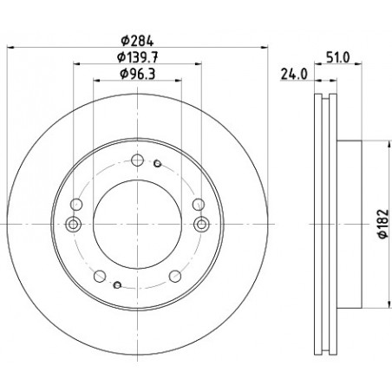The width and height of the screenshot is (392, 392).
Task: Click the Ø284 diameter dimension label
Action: coord(137,41)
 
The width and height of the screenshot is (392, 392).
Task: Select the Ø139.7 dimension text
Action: coord(137,57)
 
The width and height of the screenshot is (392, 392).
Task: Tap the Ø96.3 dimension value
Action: coord(137,74)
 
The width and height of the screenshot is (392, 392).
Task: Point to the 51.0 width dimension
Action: coord(338,57)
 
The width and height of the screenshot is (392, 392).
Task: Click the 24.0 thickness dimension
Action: coord(294,75)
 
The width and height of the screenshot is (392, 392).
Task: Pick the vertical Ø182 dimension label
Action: coord(383,224)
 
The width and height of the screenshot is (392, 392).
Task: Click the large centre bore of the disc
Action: coord(137,224)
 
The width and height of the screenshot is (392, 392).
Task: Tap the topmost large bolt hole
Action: coord(137,160)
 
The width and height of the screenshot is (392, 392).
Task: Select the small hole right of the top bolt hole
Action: coord(157,164)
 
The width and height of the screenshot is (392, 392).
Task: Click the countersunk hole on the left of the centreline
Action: coord(73,224)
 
